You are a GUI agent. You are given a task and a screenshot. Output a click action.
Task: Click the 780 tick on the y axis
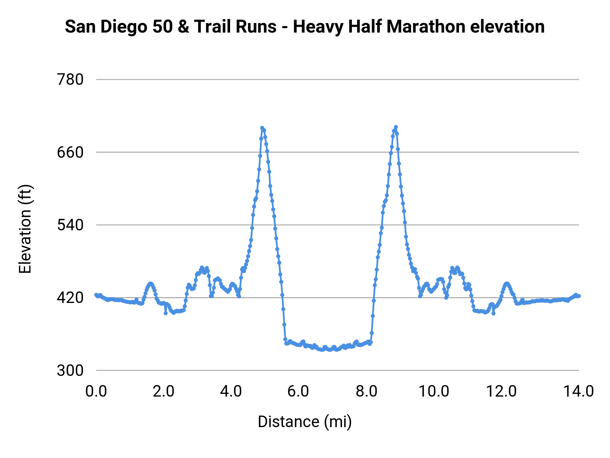click(x=70, y=80)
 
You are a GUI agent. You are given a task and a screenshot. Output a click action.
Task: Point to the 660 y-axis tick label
click(x=70, y=152)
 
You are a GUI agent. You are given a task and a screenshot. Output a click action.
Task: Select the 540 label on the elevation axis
click(x=70, y=225)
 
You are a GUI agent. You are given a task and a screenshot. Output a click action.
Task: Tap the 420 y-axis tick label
click(x=70, y=298)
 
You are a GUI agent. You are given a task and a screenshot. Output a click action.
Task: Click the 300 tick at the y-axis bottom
click(x=70, y=370)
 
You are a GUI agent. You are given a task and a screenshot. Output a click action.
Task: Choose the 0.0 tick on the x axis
click(x=96, y=391)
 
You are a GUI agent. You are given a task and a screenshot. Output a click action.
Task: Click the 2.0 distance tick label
click(x=163, y=391)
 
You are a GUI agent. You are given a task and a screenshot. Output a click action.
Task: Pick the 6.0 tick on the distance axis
click(x=298, y=391)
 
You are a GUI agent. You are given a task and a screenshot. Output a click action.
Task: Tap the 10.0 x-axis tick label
click(x=434, y=391)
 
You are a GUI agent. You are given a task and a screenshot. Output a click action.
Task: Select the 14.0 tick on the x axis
click(x=578, y=391)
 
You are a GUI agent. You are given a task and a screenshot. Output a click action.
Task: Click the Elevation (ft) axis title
click(x=25, y=229)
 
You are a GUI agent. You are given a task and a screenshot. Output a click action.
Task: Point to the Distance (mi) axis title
click(x=305, y=422)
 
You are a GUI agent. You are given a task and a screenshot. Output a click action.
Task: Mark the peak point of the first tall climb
click(x=262, y=128)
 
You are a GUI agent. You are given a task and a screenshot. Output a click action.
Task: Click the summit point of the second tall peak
click(x=396, y=127)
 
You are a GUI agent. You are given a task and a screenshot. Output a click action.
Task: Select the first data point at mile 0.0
click(x=96, y=295)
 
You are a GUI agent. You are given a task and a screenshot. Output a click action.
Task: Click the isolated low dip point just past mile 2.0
click(x=166, y=313)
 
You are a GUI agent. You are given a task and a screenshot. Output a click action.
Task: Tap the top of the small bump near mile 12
click(x=507, y=283)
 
